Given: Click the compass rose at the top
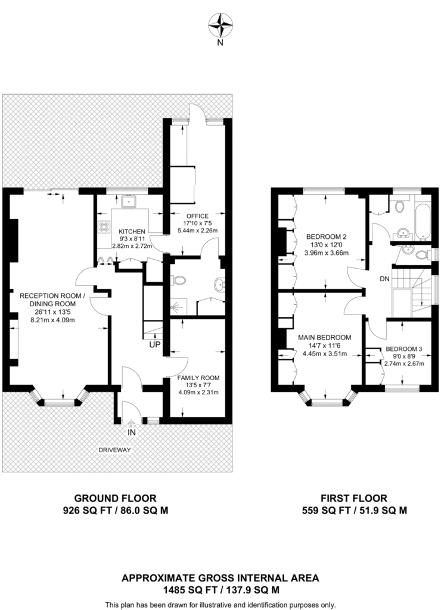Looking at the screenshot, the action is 220,25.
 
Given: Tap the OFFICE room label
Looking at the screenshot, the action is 197,216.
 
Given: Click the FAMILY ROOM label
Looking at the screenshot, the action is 198,378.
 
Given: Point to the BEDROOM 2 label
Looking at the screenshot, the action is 326,236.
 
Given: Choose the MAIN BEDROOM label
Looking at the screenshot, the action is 325,338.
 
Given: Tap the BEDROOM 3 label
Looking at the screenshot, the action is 403,349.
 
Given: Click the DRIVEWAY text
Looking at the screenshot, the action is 114,450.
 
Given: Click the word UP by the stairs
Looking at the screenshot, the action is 155,345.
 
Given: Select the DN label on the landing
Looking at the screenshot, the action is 384,279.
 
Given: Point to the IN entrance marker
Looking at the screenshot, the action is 132,432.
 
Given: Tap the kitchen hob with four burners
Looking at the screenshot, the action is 104,227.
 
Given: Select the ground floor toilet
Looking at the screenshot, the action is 178,280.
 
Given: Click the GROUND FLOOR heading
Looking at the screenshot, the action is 115,499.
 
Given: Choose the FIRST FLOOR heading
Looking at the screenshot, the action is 354,499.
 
